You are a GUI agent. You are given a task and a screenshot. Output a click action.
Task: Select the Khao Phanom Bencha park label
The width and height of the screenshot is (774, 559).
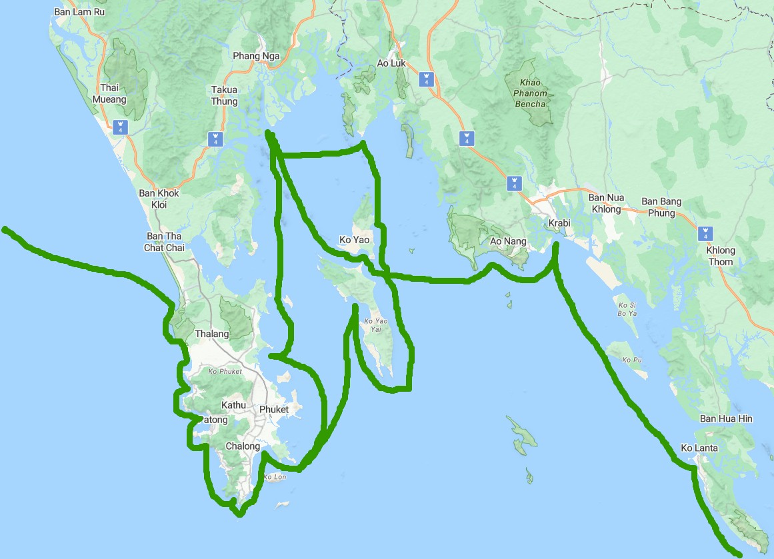530,93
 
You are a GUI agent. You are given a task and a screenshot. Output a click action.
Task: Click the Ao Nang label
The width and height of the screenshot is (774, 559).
508,241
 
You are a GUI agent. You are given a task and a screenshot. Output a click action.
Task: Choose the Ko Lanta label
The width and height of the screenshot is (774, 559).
699,448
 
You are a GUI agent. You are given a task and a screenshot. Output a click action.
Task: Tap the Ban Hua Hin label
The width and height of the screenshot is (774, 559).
726,418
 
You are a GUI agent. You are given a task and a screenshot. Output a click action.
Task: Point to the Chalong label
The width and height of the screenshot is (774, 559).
243,446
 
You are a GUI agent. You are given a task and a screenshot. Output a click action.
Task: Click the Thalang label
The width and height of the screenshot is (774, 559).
212,334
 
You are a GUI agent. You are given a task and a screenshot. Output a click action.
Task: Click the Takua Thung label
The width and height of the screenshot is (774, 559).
224,95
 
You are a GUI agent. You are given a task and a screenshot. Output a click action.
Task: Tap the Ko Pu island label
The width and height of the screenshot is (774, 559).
631,360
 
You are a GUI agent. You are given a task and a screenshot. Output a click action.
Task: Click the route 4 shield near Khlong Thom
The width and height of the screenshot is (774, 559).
705,234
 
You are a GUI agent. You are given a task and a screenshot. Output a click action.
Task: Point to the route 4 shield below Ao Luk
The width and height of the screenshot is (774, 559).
425,79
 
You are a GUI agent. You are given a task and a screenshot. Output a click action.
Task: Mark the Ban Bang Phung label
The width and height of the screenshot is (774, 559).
661,207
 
